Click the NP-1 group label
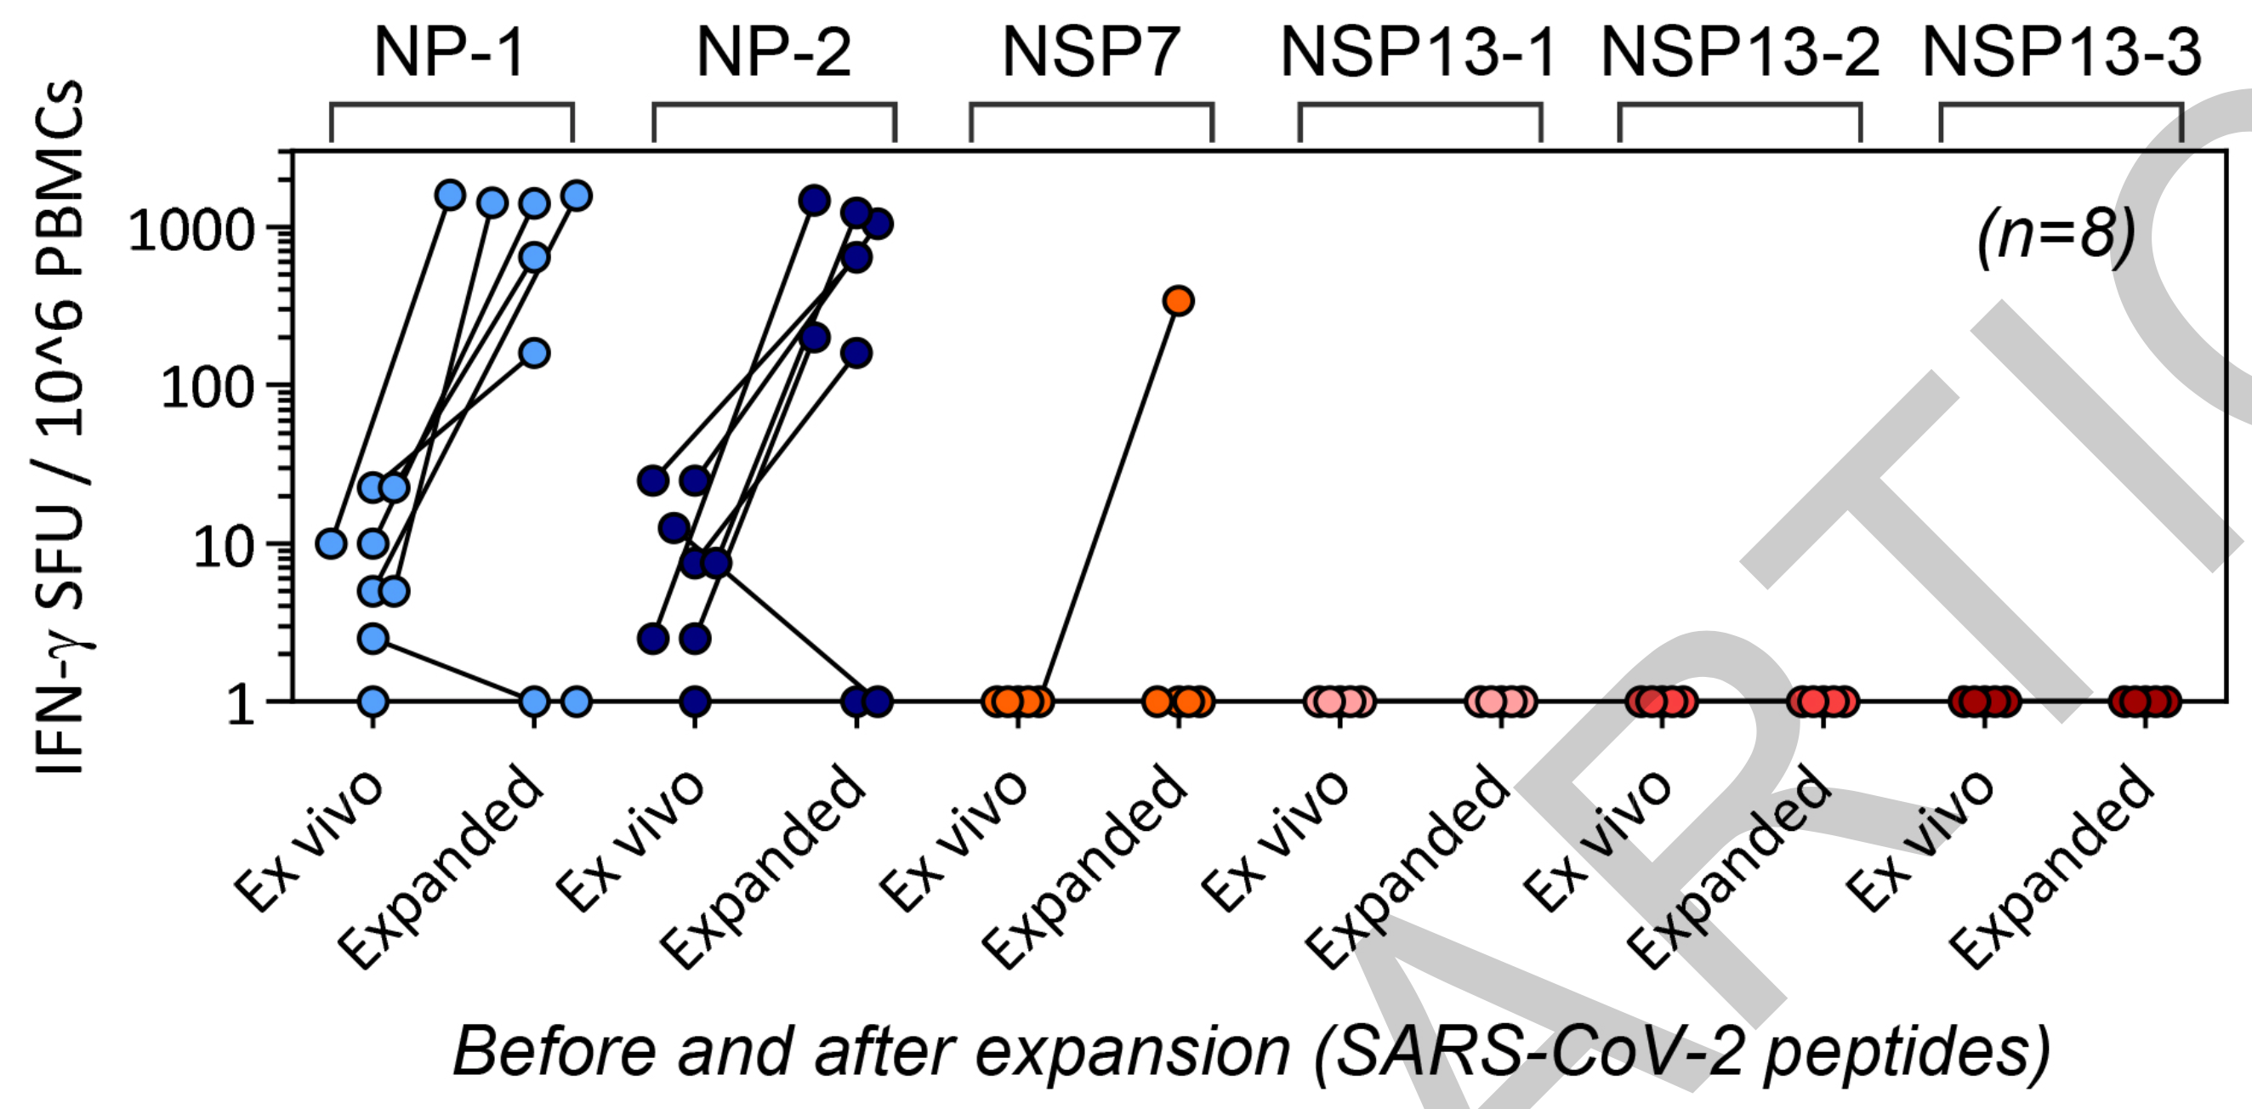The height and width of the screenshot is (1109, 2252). point(449,53)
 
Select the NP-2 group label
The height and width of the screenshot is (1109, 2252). point(773,53)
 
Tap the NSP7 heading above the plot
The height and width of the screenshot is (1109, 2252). point(1090,53)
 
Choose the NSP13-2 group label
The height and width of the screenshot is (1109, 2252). point(1740,53)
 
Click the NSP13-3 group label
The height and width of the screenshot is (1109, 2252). point(2061,53)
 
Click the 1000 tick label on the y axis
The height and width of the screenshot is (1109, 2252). point(191,231)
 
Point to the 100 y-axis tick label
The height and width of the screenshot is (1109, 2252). point(207,387)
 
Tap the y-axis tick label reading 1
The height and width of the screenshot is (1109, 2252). point(240,703)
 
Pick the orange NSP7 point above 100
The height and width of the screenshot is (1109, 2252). point(1179,300)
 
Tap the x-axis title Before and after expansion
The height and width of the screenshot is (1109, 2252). point(1250,1050)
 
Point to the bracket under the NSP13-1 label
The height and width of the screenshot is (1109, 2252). point(1419,106)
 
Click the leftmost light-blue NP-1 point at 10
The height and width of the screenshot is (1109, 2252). point(332,543)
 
